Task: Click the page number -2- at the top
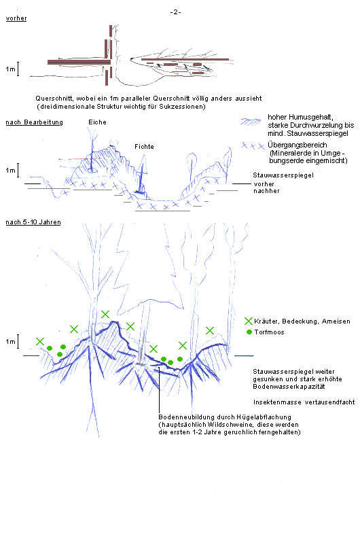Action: [175, 12]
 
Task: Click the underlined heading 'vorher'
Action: [16, 18]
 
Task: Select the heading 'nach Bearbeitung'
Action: [34, 122]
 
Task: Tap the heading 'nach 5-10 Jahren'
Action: [33, 222]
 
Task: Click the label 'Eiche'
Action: [97, 122]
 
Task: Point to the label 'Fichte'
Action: [145, 147]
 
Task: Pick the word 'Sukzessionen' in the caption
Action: [181, 107]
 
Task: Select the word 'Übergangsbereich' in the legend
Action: [298, 145]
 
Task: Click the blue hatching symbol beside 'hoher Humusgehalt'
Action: [251, 122]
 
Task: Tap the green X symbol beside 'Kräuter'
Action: [249, 321]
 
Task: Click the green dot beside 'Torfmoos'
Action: [249, 332]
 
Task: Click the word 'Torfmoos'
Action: [269, 332]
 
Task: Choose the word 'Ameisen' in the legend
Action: [336, 321]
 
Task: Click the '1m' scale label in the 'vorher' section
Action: [10, 69]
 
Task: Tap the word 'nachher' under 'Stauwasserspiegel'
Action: [266, 191]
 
